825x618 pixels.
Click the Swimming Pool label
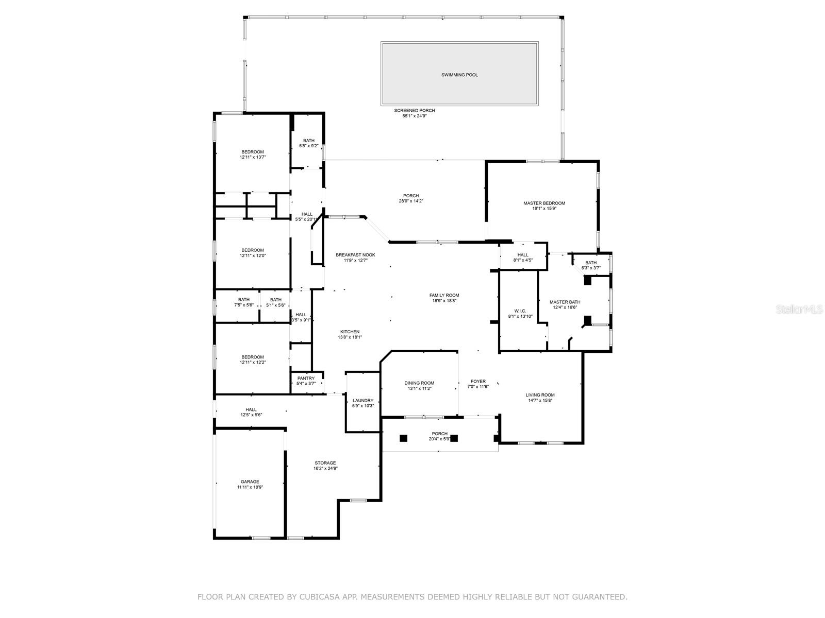click(459, 75)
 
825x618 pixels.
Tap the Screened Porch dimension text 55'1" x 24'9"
click(415, 116)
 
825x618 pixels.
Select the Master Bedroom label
click(544, 203)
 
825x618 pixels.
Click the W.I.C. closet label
click(520, 311)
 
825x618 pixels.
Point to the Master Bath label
click(565, 302)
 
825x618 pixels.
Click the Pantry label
click(306, 378)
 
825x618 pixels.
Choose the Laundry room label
click(363, 400)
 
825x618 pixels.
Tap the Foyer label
click(478, 381)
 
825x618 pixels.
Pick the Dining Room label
click(419, 383)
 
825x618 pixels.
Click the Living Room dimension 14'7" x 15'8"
click(540, 401)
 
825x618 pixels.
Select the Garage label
click(250, 482)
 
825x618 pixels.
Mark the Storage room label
click(325, 463)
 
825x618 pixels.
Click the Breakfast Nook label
click(355, 255)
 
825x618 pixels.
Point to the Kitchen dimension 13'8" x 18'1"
click(350, 337)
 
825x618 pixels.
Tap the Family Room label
click(444, 295)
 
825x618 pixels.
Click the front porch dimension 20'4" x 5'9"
click(440, 439)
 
